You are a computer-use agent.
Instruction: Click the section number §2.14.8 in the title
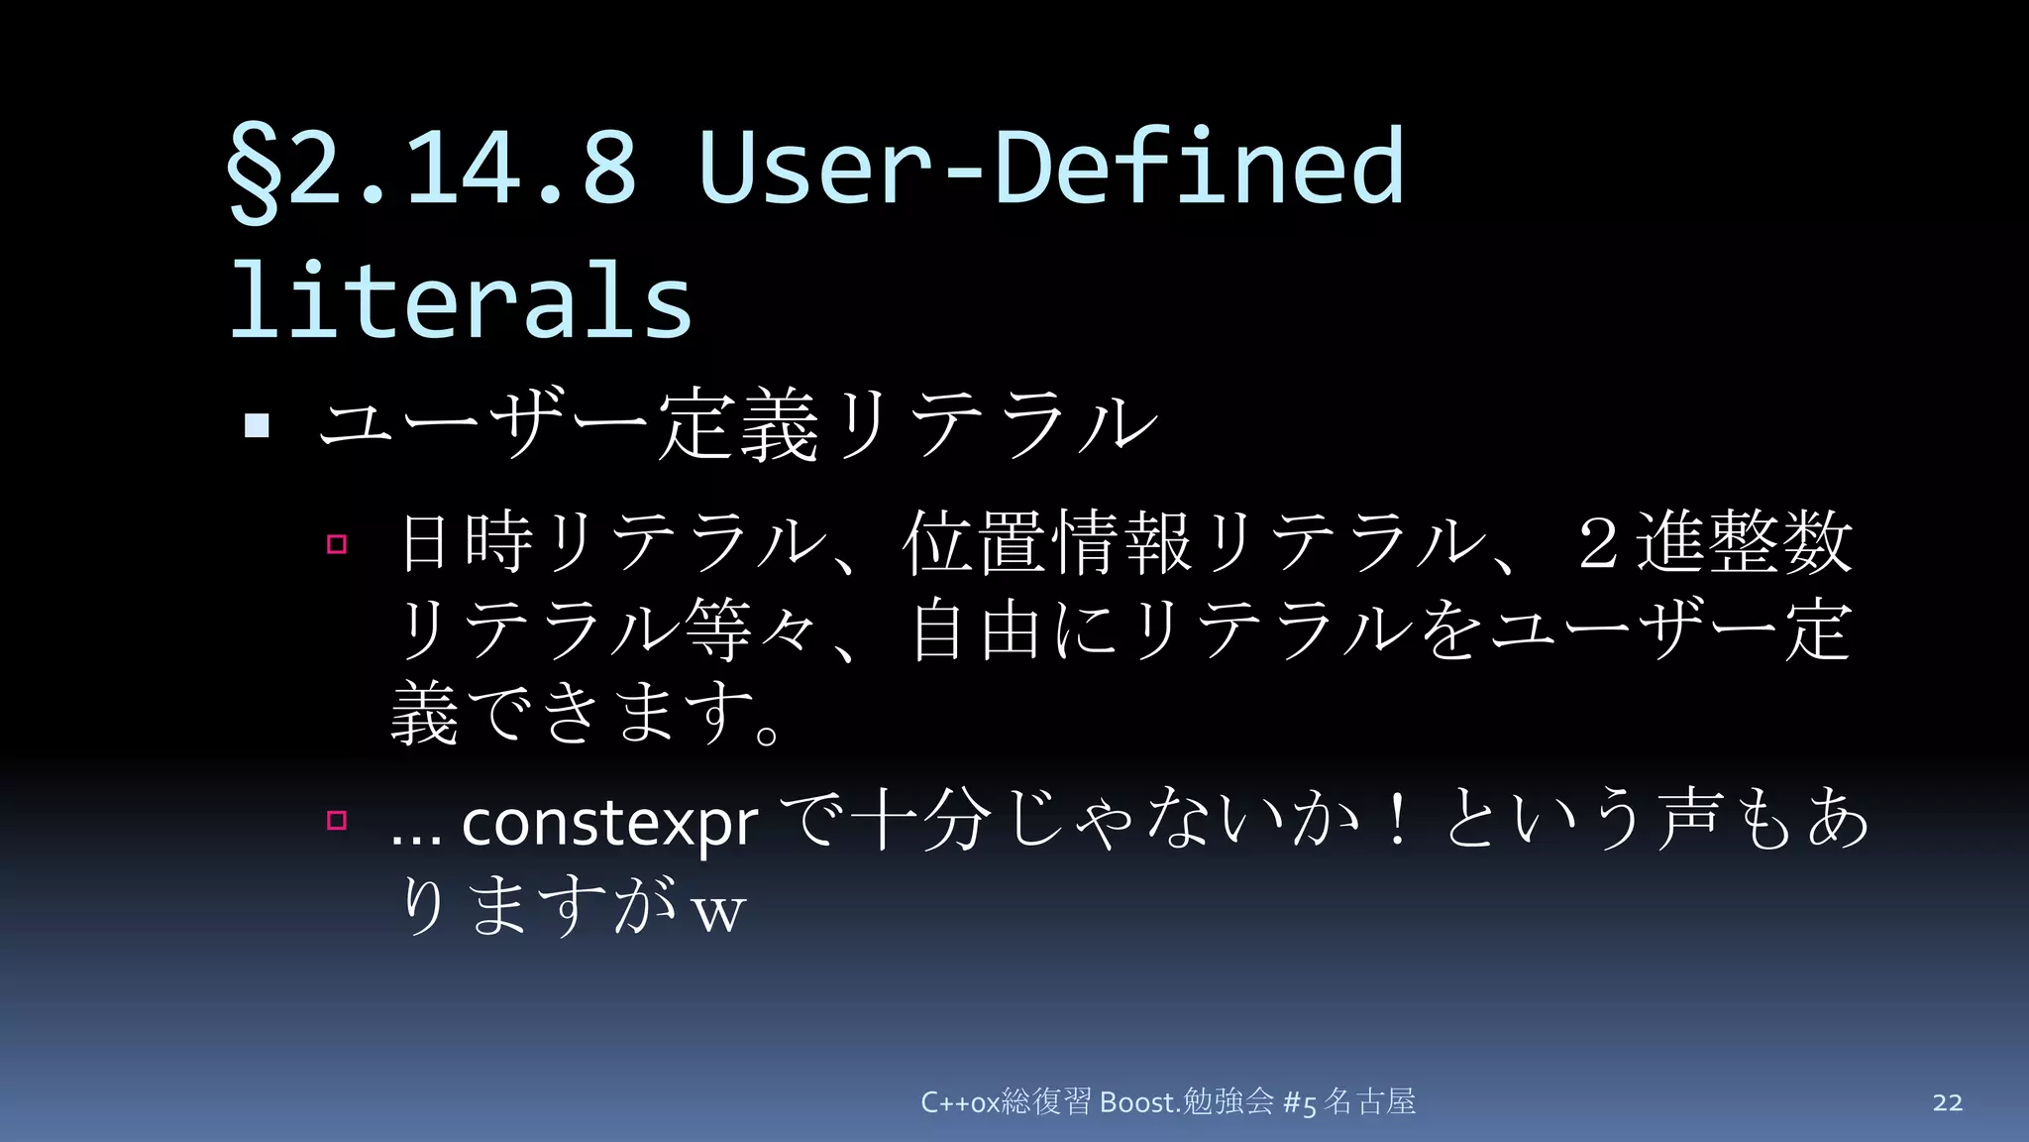pos(432,167)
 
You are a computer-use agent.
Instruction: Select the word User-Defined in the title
pos(1050,167)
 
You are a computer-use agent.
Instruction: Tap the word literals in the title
pos(461,300)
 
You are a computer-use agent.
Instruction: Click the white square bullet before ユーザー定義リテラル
pos(258,426)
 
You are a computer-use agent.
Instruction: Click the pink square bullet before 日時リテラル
pos(337,543)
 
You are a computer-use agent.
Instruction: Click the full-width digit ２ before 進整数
pos(1597,543)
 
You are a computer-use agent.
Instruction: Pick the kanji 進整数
pos(1744,542)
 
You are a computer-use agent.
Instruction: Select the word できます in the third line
pos(614,714)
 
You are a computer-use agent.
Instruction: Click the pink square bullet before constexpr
pos(337,820)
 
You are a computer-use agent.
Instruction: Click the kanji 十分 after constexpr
pos(921,820)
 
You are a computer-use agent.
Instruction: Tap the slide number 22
pos(1947,1102)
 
